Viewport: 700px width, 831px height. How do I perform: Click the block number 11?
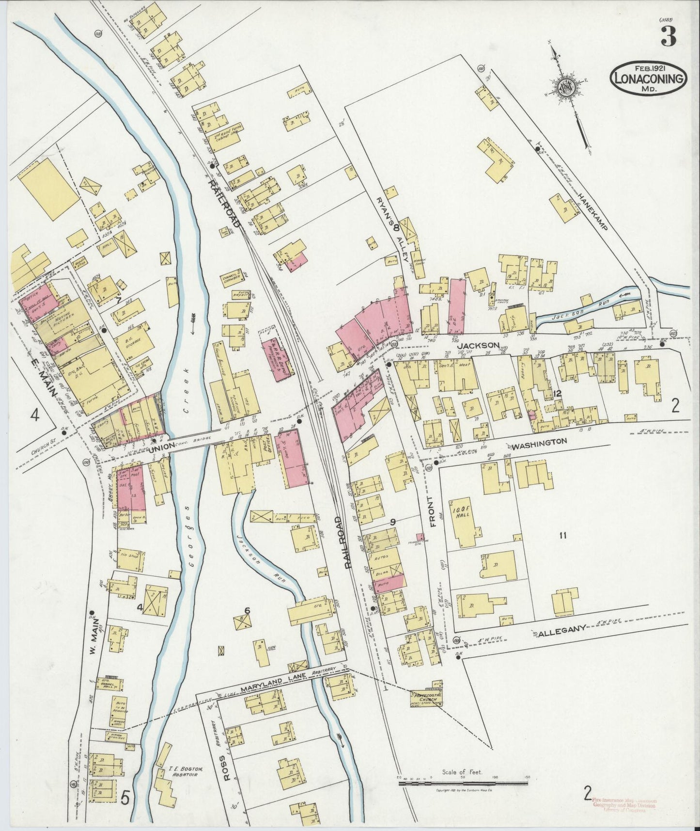tap(562, 536)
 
